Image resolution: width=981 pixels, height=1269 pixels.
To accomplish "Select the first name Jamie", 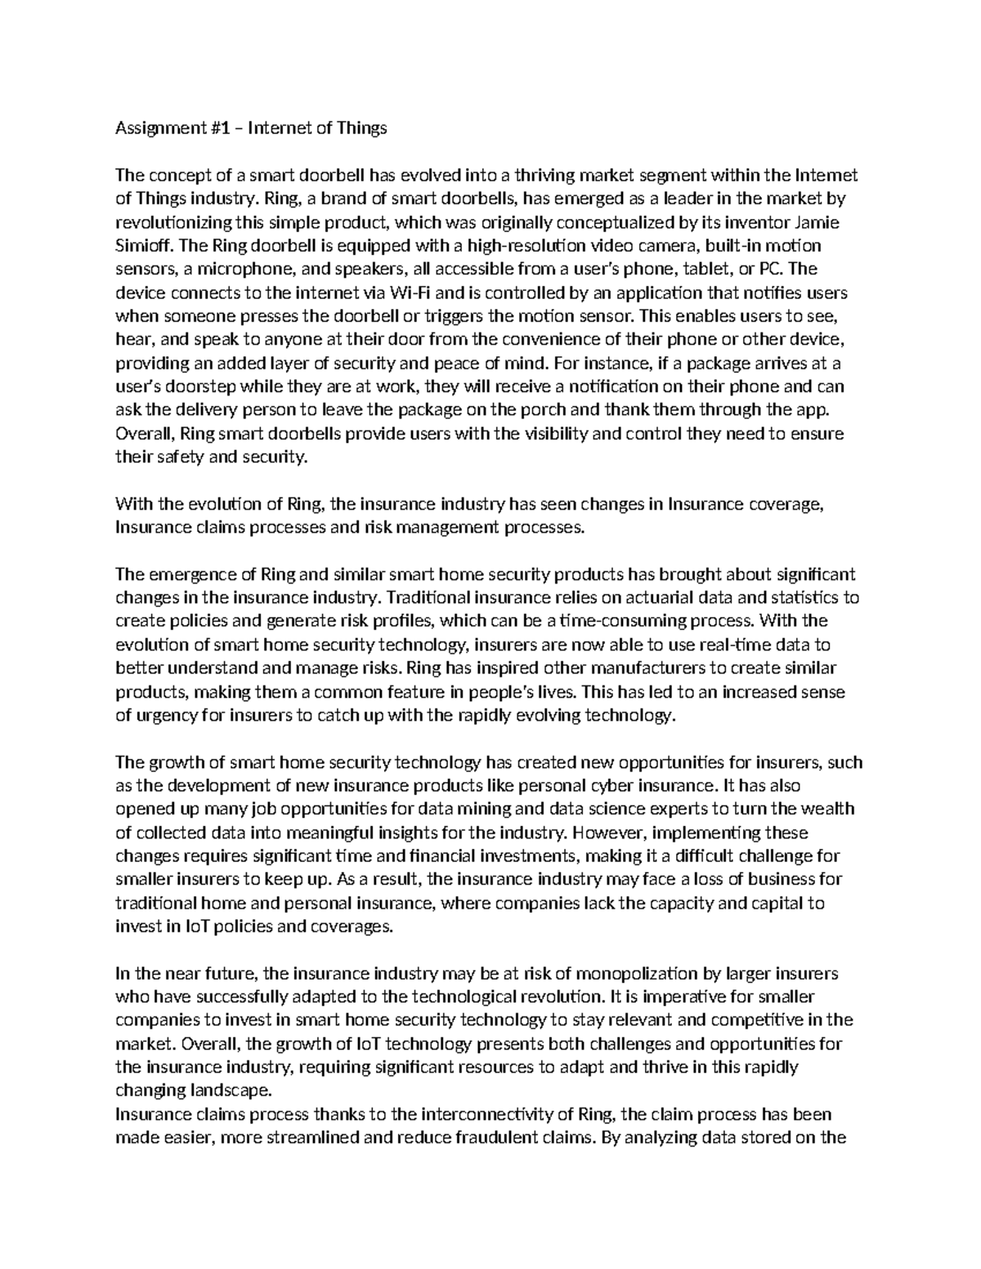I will [817, 222].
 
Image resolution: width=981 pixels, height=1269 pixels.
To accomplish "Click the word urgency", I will [163, 716].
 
